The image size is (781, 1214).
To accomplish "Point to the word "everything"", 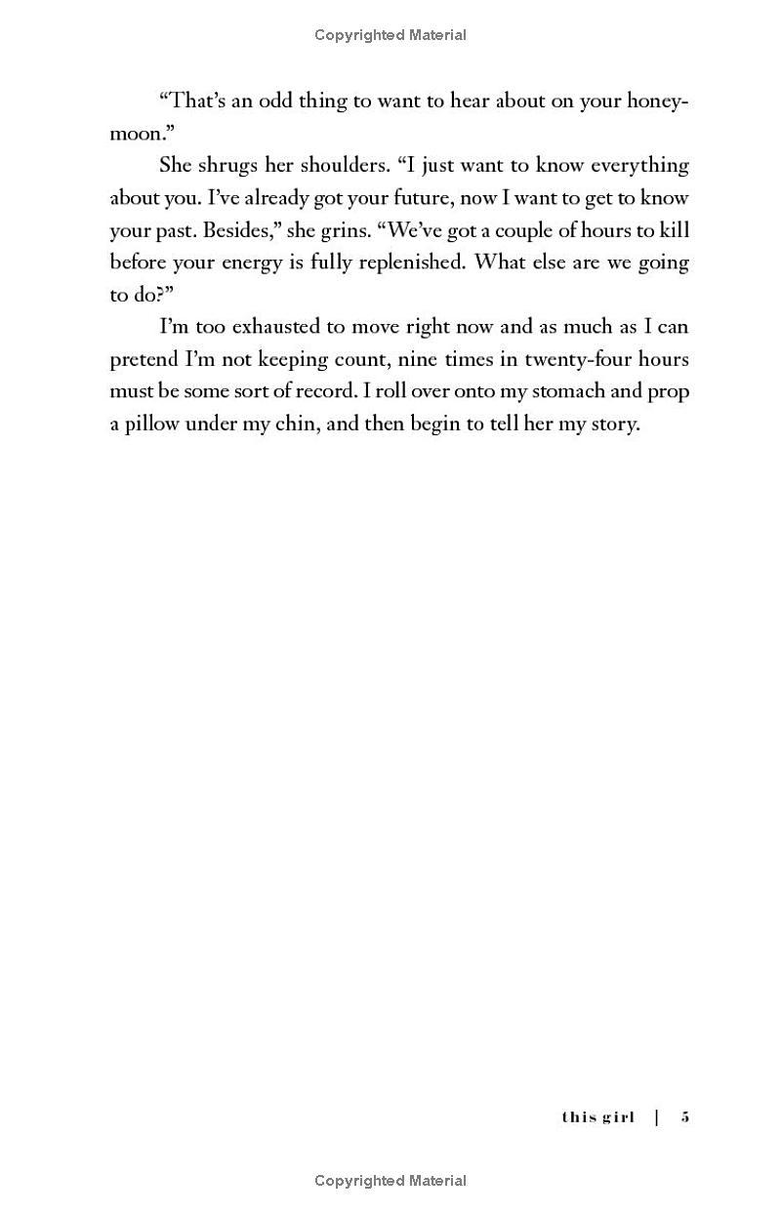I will pyautogui.click(x=633, y=165).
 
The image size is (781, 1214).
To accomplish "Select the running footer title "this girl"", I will pyautogui.click(x=597, y=1116).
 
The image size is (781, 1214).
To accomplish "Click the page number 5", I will pyautogui.click(x=685, y=1116).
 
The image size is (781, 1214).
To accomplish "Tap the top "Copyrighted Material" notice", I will pyautogui.click(x=390, y=35).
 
